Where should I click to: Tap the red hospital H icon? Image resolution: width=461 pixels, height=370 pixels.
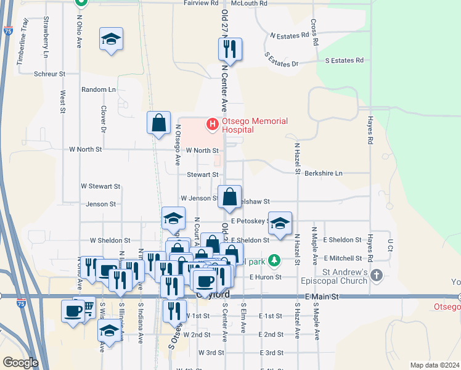(213, 124)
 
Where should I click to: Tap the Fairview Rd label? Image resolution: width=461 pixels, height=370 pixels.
(202, 3)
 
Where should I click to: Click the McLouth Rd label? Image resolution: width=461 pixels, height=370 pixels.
(249, 3)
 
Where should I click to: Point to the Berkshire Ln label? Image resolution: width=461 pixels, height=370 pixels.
(323, 174)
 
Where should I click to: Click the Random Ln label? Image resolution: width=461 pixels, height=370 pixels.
(99, 89)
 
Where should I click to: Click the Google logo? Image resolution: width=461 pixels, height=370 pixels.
(20, 363)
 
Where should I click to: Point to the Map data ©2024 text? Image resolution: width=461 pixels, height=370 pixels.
(434, 365)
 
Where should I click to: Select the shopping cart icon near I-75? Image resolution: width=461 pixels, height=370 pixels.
(88, 306)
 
